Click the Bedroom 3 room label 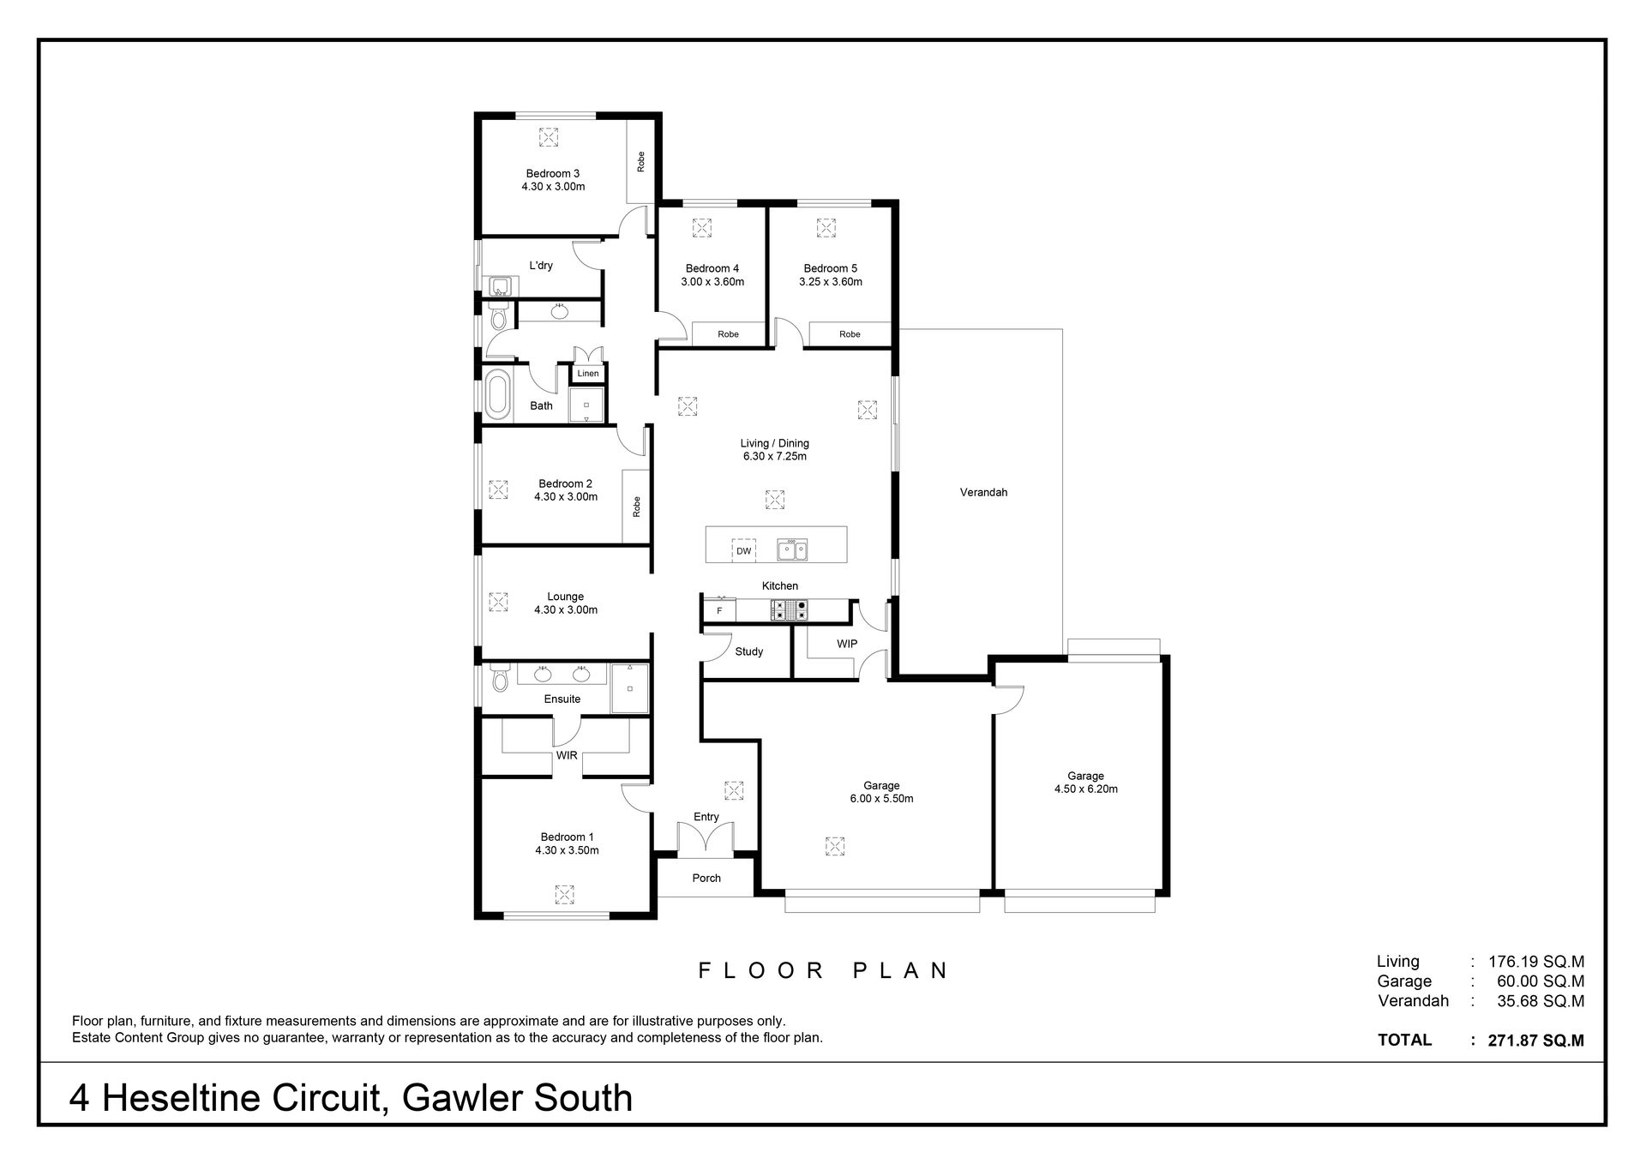pyautogui.click(x=553, y=174)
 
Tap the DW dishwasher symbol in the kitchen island pyautogui.click(x=743, y=550)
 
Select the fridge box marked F pyautogui.click(x=719, y=610)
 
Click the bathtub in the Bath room pyautogui.click(x=497, y=394)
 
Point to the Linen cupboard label pyautogui.click(x=588, y=374)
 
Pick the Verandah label pyautogui.click(x=983, y=493)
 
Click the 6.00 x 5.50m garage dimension pyautogui.click(x=881, y=799)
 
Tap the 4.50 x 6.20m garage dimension pyautogui.click(x=1086, y=789)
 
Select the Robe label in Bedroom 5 pyautogui.click(x=850, y=334)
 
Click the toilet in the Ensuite pyautogui.click(x=500, y=678)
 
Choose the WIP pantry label pyautogui.click(x=847, y=644)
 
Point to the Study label pyautogui.click(x=749, y=651)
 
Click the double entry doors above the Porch pyautogui.click(x=706, y=840)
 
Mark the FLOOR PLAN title pyautogui.click(x=823, y=970)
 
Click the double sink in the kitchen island pyautogui.click(x=792, y=549)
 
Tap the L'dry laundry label pyautogui.click(x=541, y=266)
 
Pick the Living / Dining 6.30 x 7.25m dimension pyautogui.click(x=775, y=457)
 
